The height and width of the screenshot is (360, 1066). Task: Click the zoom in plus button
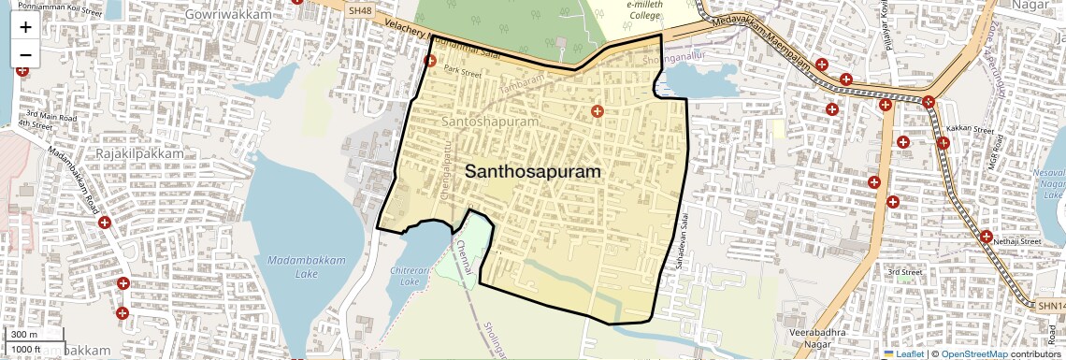click(25, 27)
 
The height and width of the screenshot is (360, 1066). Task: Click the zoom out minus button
click(25, 55)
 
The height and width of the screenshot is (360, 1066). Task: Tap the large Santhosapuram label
click(532, 172)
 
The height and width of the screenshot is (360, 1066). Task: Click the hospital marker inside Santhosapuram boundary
click(597, 112)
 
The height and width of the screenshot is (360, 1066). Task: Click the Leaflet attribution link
click(910, 354)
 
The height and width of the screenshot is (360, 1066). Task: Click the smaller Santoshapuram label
click(489, 122)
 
